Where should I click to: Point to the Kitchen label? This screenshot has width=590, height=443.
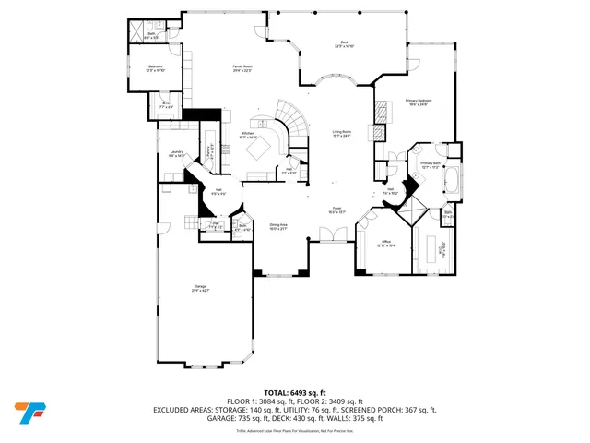coord(249,135)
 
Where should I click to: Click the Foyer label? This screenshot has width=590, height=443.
coord(337,210)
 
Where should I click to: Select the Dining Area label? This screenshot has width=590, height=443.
coord(278,226)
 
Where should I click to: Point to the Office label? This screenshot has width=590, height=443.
coord(387,243)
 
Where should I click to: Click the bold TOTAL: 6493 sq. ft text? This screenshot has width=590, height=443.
coord(294,392)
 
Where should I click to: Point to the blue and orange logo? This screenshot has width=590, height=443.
coord(28,412)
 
